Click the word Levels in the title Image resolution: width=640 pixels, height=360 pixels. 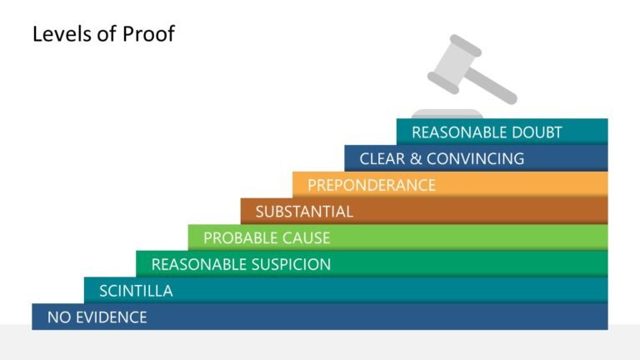pyautogui.click(x=62, y=33)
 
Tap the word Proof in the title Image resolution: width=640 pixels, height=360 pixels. pyautogui.click(x=148, y=33)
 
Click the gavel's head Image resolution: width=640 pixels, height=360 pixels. pyautogui.click(x=454, y=64)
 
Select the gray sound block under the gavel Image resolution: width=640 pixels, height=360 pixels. pyautogui.click(x=447, y=114)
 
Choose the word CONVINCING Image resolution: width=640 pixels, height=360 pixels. pyautogui.click(x=476, y=159)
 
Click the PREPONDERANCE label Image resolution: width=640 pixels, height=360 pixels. pyautogui.click(x=372, y=185)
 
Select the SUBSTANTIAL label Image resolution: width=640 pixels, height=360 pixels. pyautogui.click(x=304, y=212)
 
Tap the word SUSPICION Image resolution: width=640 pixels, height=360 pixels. pyautogui.click(x=291, y=264)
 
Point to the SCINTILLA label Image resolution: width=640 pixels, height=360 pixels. pyautogui.click(x=136, y=291)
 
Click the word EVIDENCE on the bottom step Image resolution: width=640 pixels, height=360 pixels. pyautogui.click(x=112, y=317)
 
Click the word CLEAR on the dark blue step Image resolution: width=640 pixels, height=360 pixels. pyautogui.click(x=382, y=159)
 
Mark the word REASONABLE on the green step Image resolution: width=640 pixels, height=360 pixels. pyautogui.click(x=199, y=264)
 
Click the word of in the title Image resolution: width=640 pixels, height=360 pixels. pyautogui.click(x=107, y=33)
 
